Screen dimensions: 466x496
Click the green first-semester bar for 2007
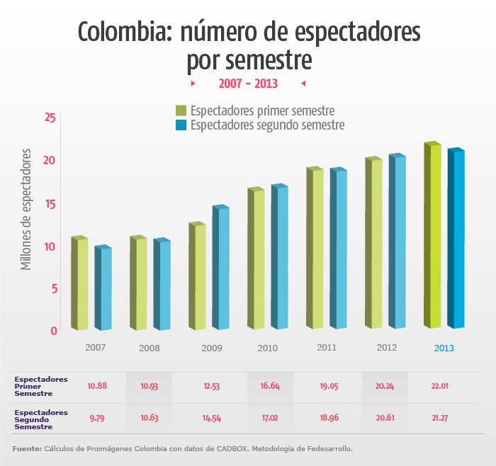coord(79,283)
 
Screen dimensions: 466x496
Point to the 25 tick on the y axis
coord(50,117)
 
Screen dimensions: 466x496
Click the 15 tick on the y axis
coord(50,203)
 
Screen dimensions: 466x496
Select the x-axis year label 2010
coord(267,348)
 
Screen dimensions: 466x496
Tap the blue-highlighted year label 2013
coord(444,348)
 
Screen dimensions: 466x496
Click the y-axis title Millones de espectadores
coord(27,209)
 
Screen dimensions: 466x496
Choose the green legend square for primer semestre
coord(181,110)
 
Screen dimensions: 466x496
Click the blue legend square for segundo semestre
coord(181,125)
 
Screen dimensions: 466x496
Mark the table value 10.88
coord(97,386)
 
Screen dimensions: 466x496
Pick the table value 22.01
coord(439,386)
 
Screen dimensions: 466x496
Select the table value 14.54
coord(212,419)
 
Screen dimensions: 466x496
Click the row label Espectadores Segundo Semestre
coord(41,419)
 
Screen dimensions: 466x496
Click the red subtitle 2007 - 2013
coord(248,84)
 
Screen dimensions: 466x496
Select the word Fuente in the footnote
coord(26,449)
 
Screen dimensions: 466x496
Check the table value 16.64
coord(270,386)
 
